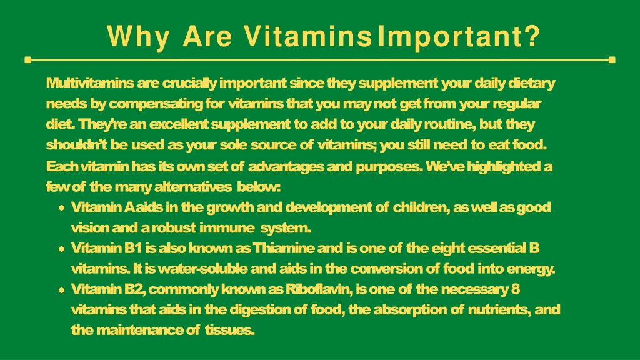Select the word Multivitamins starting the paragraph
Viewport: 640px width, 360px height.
90,83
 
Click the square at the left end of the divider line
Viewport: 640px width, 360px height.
28,60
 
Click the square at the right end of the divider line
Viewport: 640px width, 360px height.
612,60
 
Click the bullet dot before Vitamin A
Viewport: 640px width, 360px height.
62,207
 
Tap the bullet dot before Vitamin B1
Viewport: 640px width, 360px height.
62,249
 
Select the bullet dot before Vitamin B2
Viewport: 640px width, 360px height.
62,290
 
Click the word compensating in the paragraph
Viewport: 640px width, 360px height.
156,104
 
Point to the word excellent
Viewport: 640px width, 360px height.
179,124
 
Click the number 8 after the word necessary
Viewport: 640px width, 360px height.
516,289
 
